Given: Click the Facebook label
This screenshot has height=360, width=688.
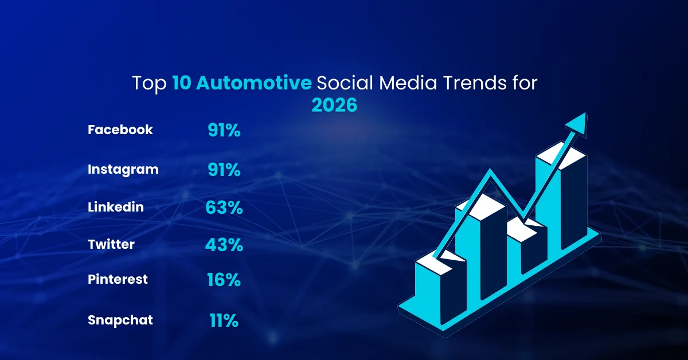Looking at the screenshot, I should pos(120,130).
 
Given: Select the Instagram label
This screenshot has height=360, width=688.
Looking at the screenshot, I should pos(123,170).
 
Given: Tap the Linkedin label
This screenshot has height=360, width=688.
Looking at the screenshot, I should pos(115,207).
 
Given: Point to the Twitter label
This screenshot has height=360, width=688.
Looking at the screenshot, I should pos(111,244).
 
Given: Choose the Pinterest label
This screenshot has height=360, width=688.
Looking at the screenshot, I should pos(118,279).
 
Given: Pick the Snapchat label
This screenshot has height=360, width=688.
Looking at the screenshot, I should pos(120,320).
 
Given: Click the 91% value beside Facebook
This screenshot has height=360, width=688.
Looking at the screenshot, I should pos(224,131).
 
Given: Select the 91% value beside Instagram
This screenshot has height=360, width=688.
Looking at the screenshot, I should pos(224,171).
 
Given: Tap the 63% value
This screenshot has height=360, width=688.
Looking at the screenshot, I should pos(224,208).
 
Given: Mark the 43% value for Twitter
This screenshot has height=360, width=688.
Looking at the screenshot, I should pos(224,245).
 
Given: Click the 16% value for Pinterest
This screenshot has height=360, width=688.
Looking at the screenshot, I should pos(224,280).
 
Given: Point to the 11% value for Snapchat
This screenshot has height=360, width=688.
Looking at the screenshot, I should pos(224,320).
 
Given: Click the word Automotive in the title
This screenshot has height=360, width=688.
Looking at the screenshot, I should pos(254,83).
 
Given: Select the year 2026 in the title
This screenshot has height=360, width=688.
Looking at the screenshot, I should pos(334,105).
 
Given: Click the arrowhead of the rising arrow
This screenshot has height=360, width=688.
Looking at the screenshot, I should pos(577,121).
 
